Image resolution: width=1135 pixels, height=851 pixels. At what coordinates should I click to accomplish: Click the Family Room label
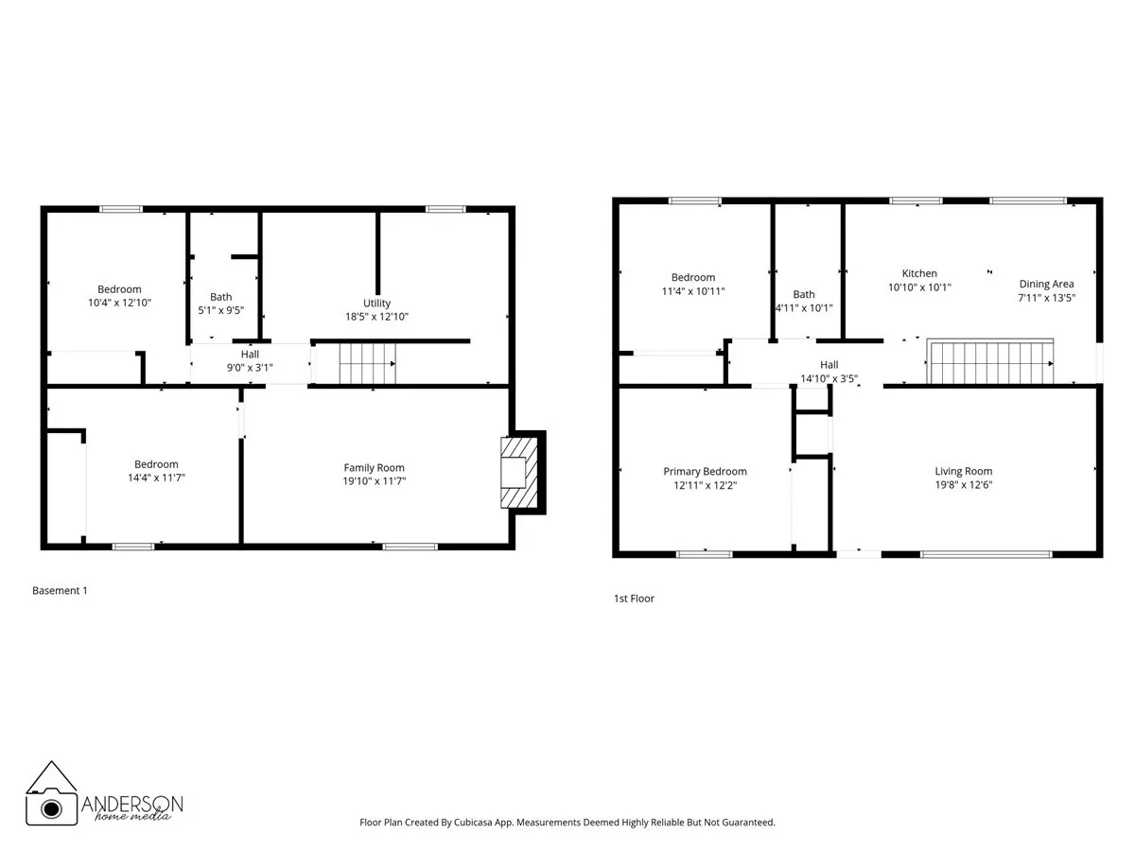click(x=374, y=467)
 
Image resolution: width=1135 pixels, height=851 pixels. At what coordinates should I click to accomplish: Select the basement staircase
click(x=367, y=363)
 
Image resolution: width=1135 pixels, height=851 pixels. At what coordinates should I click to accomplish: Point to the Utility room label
click(x=376, y=304)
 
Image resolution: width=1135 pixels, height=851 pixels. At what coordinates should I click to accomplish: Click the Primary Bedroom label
click(x=705, y=472)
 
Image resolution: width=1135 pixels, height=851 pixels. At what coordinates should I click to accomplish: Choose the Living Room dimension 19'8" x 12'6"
click(x=963, y=485)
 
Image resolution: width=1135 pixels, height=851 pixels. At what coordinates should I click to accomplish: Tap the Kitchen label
click(x=919, y=273)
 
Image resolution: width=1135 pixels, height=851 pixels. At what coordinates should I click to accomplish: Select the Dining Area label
click(x=1046, y=284)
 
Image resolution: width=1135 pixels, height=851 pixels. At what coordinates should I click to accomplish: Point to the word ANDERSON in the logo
click(x=132, y=803)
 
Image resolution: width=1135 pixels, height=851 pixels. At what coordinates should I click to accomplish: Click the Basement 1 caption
click(x=60, y=591)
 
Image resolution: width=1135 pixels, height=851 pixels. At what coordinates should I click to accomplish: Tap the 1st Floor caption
click(x=634, y=599)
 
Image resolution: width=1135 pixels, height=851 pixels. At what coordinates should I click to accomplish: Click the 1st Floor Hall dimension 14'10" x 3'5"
click(x=829, y=378)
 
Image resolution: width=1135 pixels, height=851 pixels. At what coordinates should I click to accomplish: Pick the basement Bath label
click(x=220, y=297)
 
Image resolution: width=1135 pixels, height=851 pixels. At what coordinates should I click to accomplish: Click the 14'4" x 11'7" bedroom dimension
click(x=156, y=478)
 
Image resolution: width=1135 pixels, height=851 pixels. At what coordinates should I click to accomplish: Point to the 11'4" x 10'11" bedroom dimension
click(x=693, y=291)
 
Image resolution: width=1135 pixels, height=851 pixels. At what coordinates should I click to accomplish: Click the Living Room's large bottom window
click(x=987, y=554)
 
